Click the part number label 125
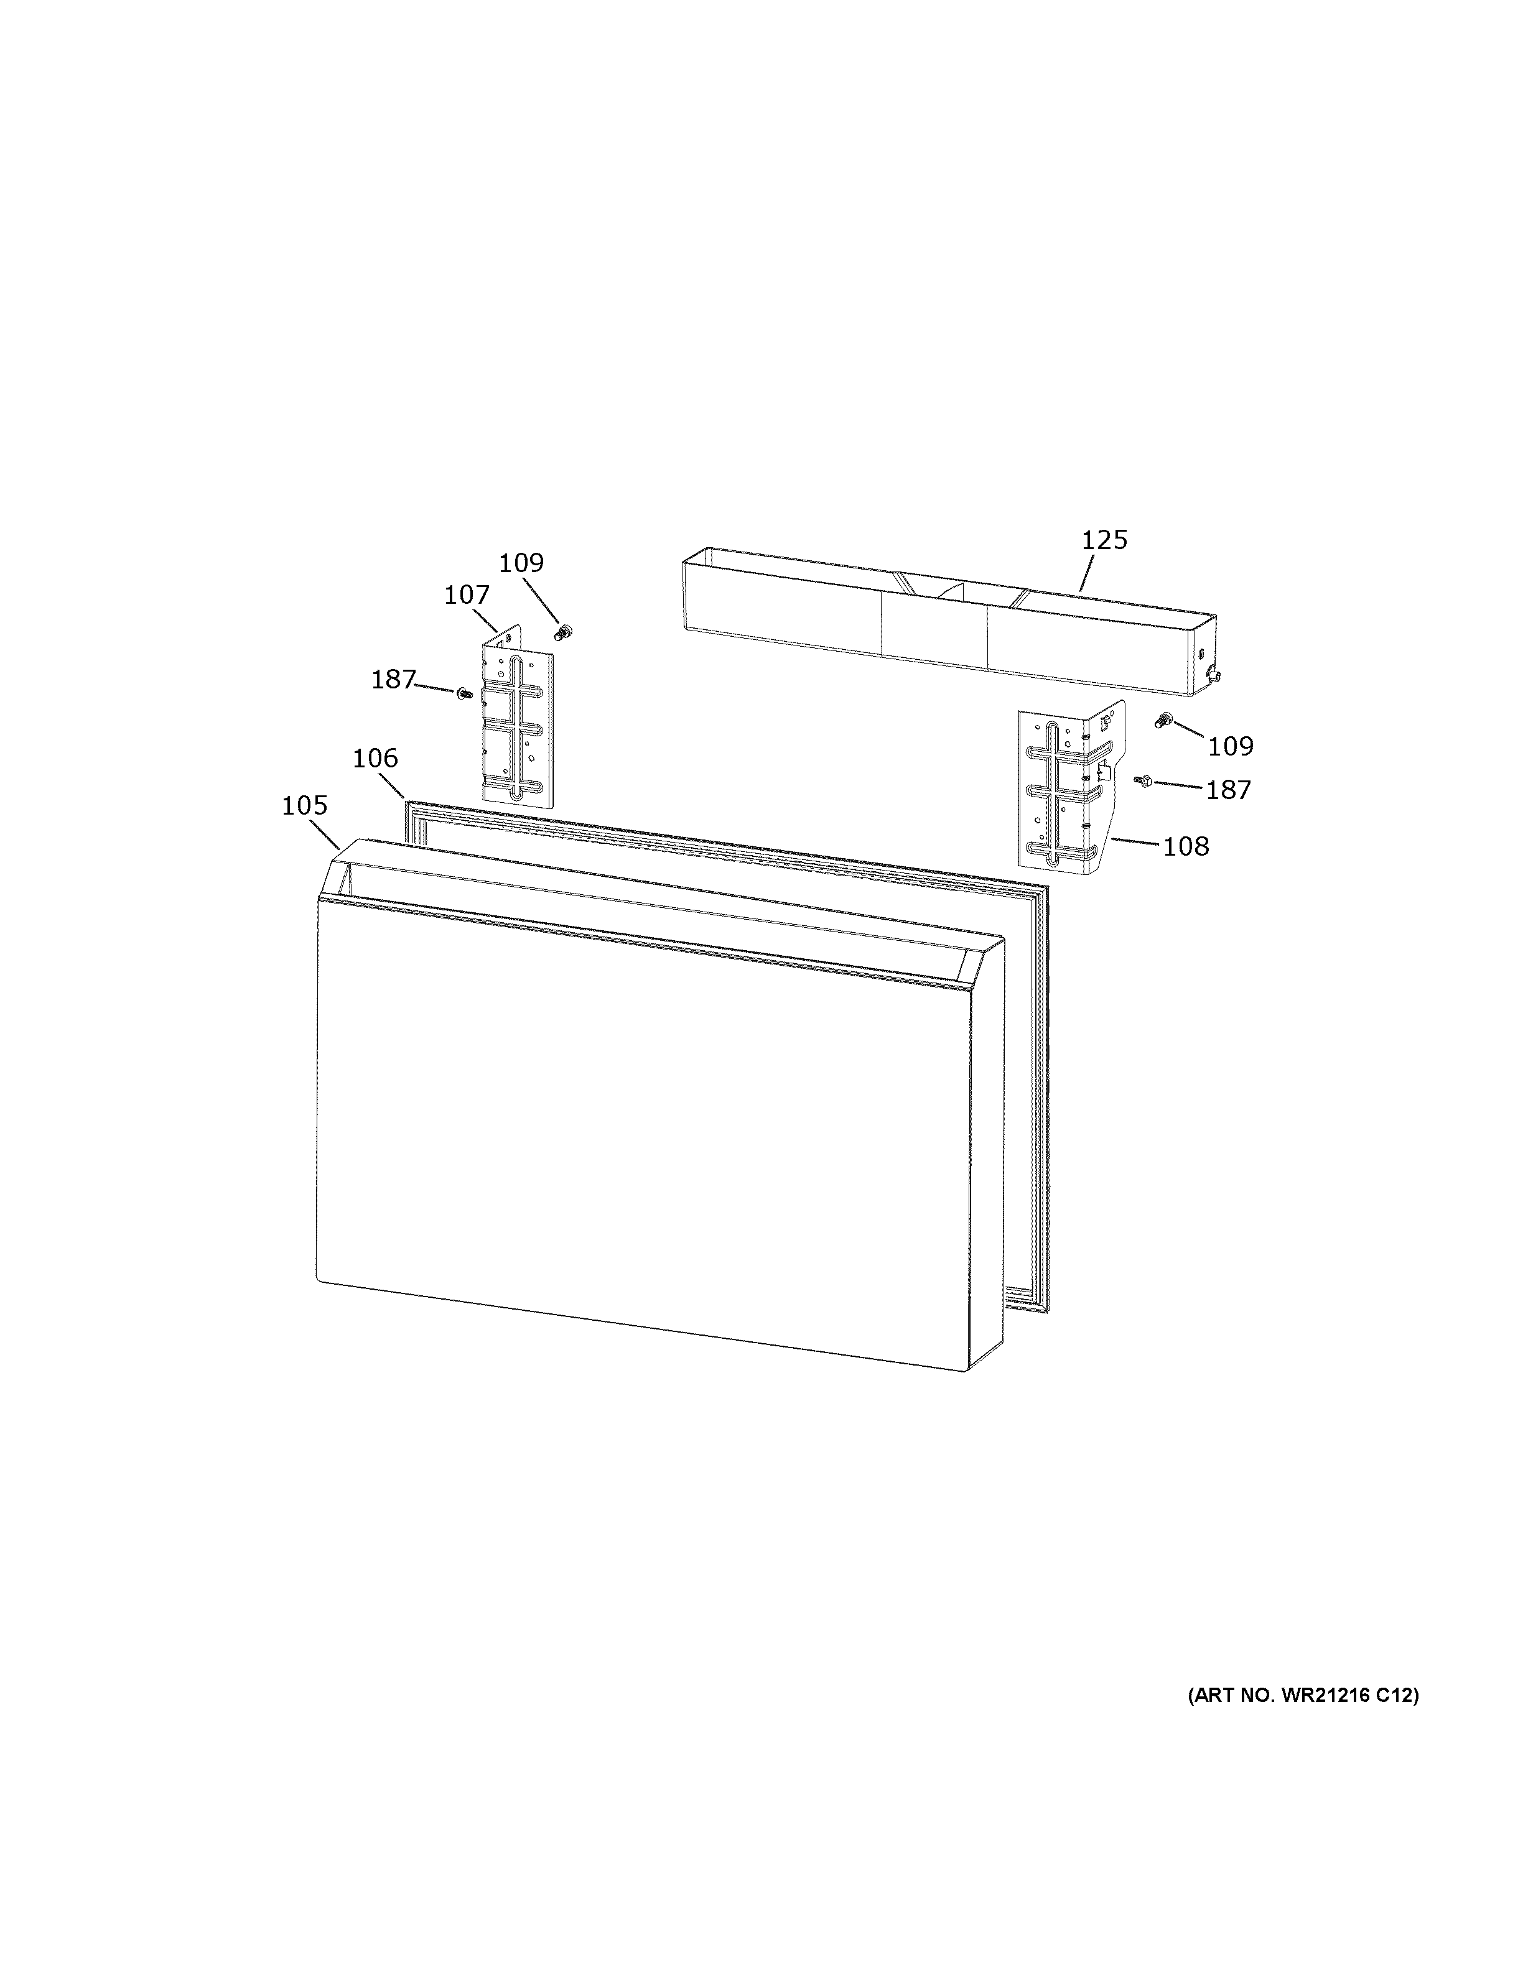pyautogui.click(x=1104, y=540)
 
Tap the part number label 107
pyautogui.click(x=467, y=595)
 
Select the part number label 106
pyautogui.click(x=375, y=759)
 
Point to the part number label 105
pyautogui.click(x=304, y=805)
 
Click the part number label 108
pyautogui.click(x=1186, y=846)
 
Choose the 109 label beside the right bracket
pyautogui.click(x=1231, y=746)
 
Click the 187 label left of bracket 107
pyautogui.click(x=393, y=679)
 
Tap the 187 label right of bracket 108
pyautogui.click(x=1229, y=790)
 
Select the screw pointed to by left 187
pyautogui.click(x=465, y=693)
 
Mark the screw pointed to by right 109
pyautogui.click(x=1164, y=720)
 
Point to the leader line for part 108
pyautogui.click(x=1135, y=841)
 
